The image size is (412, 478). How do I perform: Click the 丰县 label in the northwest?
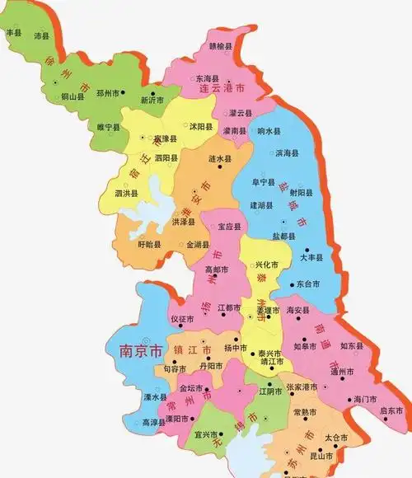(x=13, y=33)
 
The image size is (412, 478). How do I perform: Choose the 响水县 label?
(x=269, y=131)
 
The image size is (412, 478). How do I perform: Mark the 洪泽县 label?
(x=184, y=223)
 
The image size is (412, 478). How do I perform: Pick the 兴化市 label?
(x=265, y=265)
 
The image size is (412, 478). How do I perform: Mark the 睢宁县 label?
(x=108, y=128)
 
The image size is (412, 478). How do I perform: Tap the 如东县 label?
(x=352, y=346)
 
